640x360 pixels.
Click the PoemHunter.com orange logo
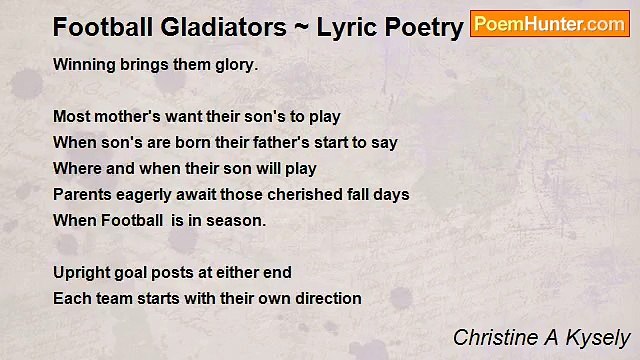(549, 24)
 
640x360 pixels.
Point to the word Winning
(84, 65)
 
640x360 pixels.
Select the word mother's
(127, 117)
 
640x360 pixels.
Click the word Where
(77, 169)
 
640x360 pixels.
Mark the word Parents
(83, 195)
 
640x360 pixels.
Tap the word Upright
(82, 273)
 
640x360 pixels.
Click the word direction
(323, 299)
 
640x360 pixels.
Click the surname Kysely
(601, 338)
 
